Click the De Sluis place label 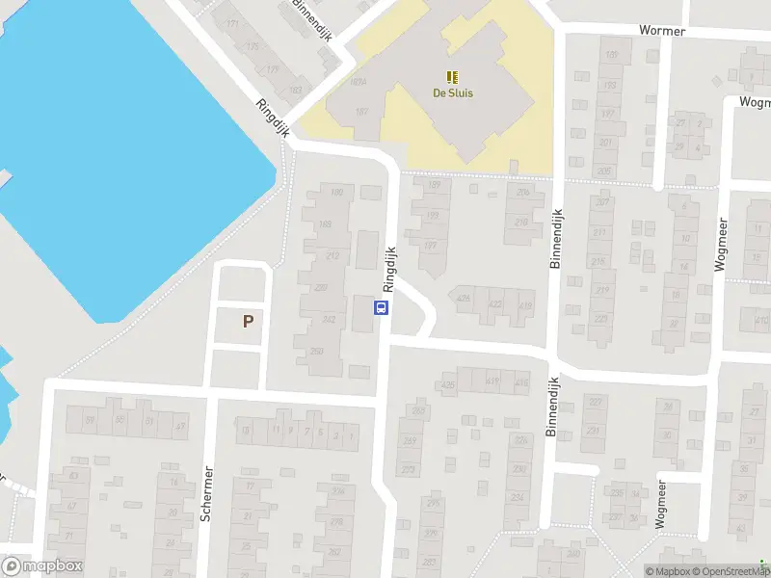click(x=452, y=93)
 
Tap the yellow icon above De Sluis click(x=452, y=76)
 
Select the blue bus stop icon click(x=382, y=308)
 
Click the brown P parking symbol click(x=248, y=322)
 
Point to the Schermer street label click(x=206, y=494)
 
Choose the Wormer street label click(x=662, y=31)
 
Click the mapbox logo click(x=41, y=566)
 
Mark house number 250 click(x=317, y=351)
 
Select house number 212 click(x=332, y=255)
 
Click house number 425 click(x=447, y=386)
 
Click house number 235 click(x=616, y=492)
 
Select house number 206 click(x=522, y=192)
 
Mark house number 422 click(x=496, y=304)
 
